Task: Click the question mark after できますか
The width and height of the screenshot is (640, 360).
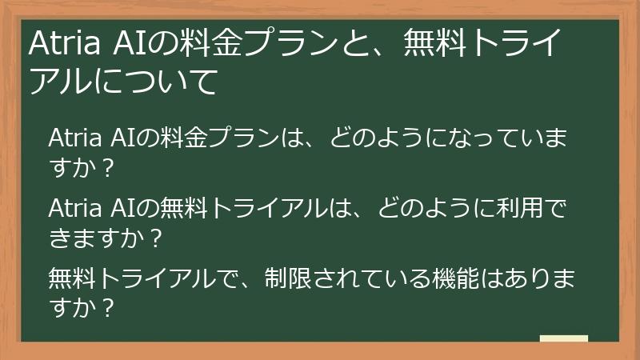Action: [156, 238]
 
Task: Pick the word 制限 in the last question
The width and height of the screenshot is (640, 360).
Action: [288, 279]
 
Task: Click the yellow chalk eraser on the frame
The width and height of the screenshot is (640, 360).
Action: [564, 339]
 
